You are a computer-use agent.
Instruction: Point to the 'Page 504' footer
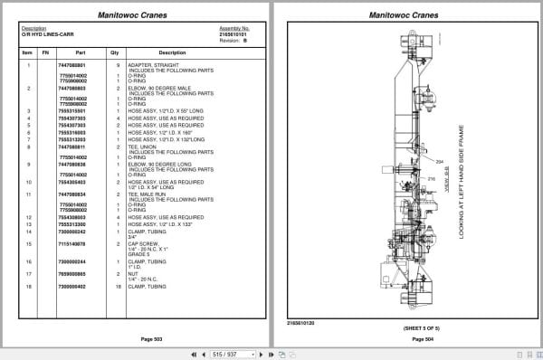(410, 338)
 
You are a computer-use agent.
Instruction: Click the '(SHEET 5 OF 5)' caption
(410, 327)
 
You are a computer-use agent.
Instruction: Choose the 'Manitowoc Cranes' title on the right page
(410, 15)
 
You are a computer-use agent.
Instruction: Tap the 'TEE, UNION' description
(142, 147)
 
